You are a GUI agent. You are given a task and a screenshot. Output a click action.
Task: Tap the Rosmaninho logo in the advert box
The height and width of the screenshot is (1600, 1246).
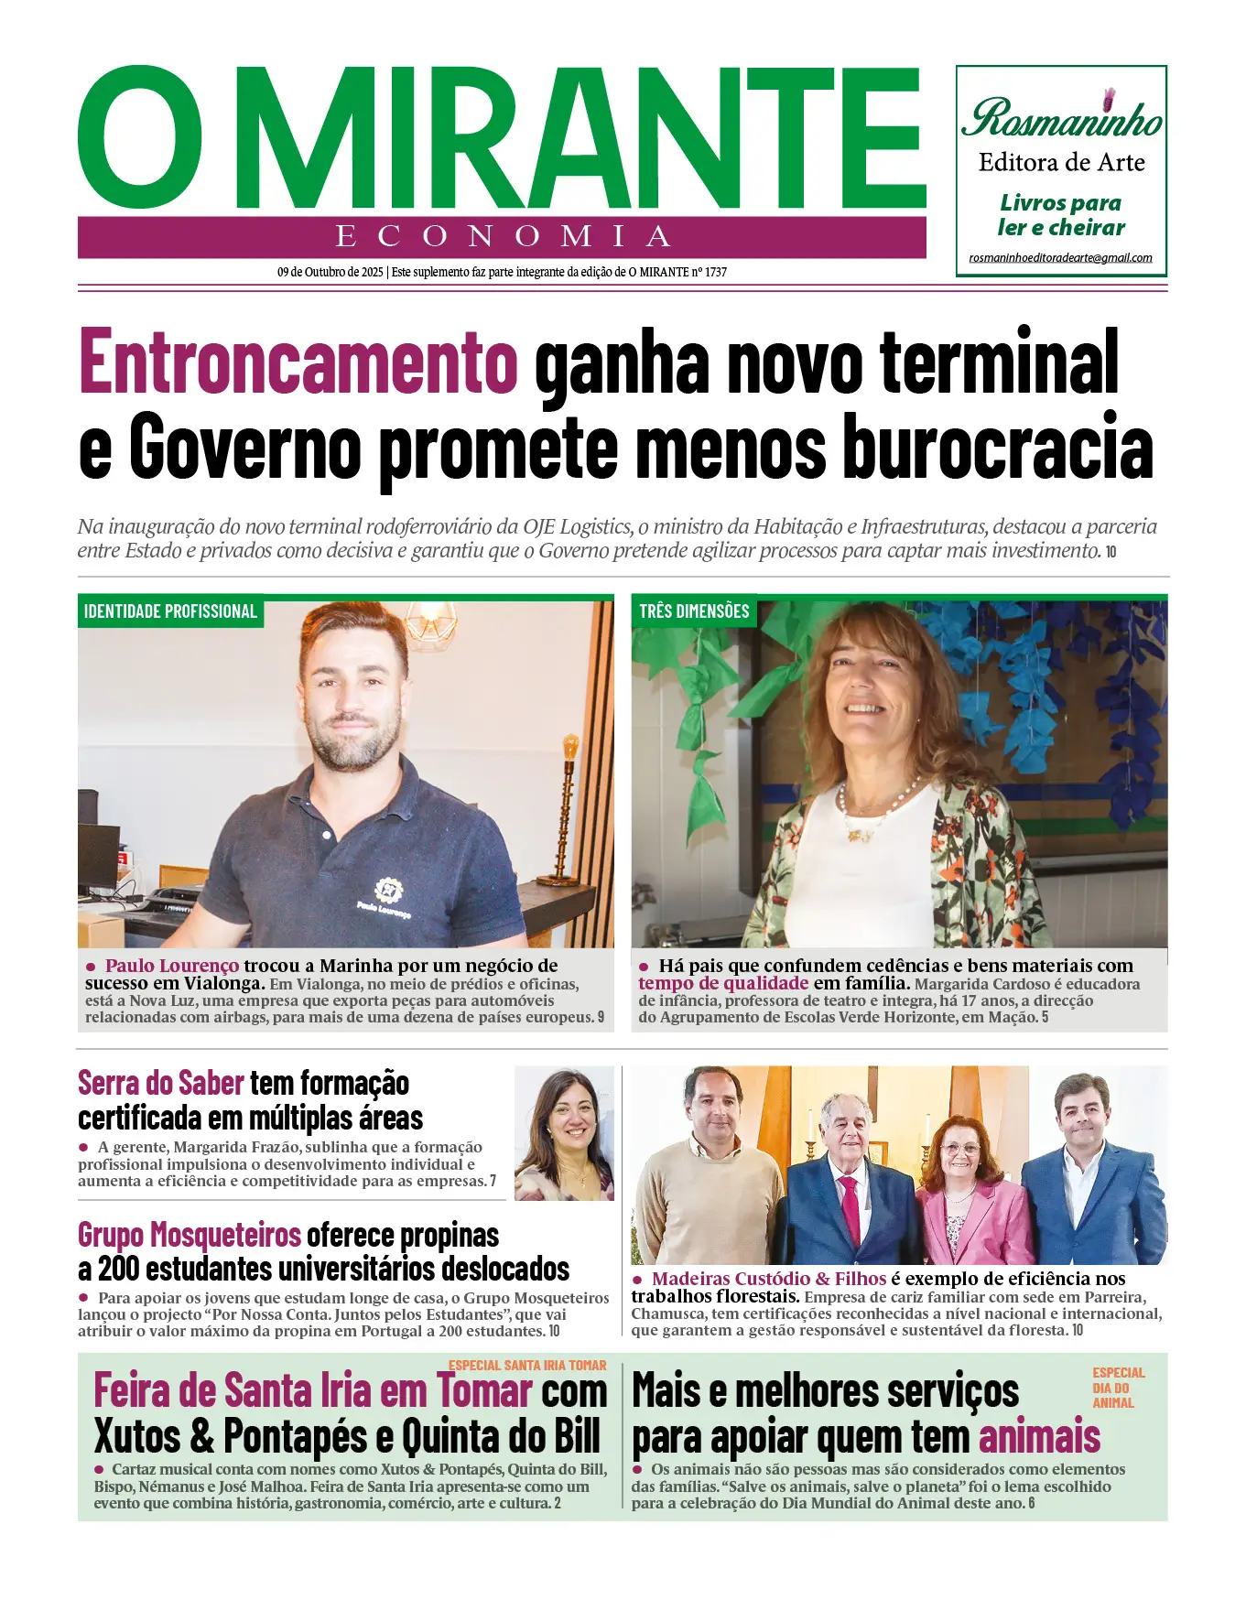pos(1061,118)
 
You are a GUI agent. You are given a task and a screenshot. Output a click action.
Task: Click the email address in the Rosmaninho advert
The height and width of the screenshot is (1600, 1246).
pos(1060,258)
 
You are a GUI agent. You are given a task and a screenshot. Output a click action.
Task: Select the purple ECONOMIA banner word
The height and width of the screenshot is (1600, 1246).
pos(503,236)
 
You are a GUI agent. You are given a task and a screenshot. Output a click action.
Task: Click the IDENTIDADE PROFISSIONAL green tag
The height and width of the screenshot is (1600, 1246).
pos(170,611)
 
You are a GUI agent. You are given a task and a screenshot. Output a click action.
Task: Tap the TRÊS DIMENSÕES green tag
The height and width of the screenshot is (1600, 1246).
pos(694,611)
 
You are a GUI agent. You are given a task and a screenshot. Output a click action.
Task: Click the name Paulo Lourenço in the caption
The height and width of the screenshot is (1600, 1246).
pos(172,966)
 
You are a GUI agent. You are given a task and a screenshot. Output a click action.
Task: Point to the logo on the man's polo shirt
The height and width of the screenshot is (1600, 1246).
pos(388,889)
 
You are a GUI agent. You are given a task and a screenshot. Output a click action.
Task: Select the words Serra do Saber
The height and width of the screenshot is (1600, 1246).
pos(161,1083)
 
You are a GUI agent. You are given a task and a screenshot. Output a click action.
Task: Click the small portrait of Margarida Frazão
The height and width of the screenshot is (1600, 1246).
pos(564,1133)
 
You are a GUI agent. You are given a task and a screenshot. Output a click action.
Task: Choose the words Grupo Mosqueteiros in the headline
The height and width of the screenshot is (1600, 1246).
pos(190,1235)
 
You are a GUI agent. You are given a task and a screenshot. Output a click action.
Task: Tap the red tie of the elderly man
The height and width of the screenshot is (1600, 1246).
pos(851,1208)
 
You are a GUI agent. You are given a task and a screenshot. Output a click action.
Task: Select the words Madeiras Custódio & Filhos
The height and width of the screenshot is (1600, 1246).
pos(769,1279)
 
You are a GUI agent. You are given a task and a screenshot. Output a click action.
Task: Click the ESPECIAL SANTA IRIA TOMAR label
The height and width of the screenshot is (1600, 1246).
pos(527,1365)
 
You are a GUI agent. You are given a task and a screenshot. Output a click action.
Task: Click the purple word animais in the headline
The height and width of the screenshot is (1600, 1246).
pos(1039,1437)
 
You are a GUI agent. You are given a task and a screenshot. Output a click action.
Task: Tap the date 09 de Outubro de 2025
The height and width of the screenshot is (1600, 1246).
pos(330,272)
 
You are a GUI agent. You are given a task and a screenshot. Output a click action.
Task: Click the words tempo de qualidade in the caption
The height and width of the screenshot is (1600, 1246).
pos(723,983)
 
